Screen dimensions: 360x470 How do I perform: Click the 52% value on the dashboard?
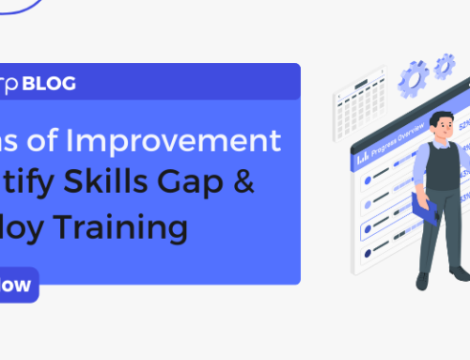tap(464, 122)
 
